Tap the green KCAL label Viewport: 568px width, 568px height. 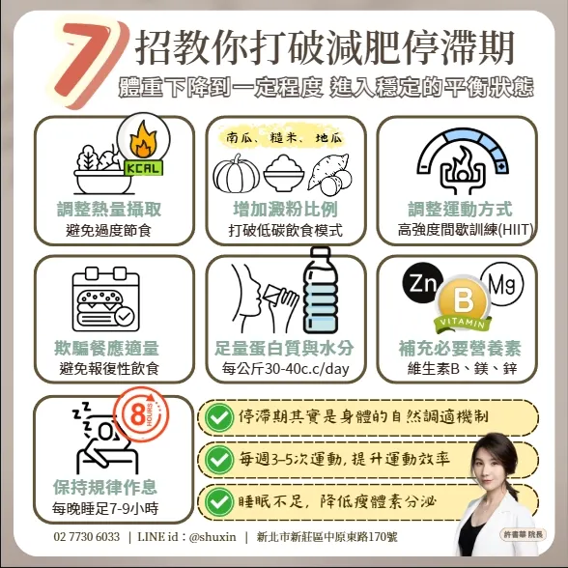coord(143,168)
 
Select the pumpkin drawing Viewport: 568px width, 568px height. coord(236,174)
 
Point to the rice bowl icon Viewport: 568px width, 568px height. coord(284,173)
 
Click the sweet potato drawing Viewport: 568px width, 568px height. coord(330,173)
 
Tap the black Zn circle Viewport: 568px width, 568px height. coord(423,283)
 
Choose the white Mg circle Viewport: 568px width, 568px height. coord(501,284)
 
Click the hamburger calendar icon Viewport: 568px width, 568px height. coord(106,299)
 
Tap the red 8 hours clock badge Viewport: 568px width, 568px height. coord(141,414)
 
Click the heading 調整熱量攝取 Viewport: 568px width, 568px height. coord(109,209)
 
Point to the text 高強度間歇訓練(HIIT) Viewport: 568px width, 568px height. coord(466,230)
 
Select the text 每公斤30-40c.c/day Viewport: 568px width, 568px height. coord(286,369)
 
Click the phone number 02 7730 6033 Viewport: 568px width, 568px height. coord(87,536)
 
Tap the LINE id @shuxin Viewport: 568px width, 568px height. coord(186,536)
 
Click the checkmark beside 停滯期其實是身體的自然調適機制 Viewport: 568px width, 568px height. coord(218,417)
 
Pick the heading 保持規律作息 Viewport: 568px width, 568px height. coord(105,487)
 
